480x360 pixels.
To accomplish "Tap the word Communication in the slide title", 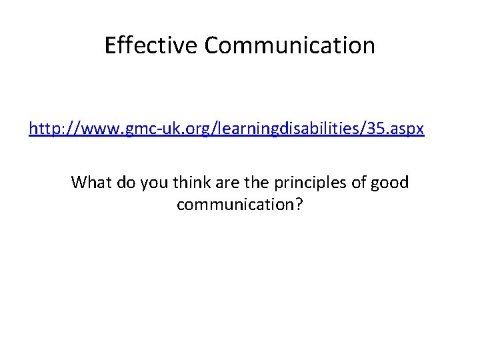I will [x=290, y=45].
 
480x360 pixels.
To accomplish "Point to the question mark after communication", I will [x=299, y=205].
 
